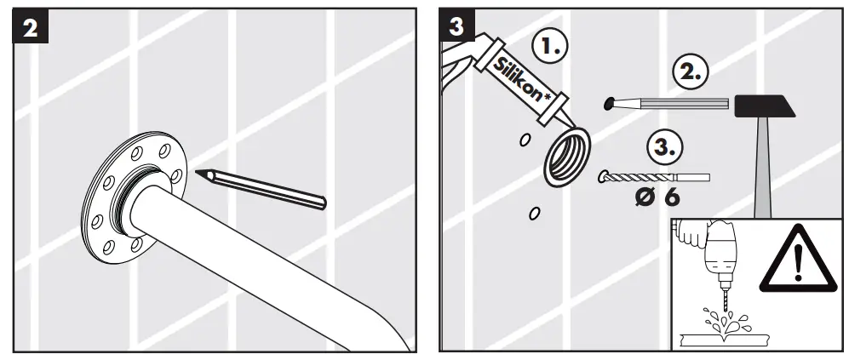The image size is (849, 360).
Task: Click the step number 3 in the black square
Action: pos(458,26)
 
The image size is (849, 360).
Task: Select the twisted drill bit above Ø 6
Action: pos(651,177)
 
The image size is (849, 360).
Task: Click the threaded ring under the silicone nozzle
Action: pos(566,155)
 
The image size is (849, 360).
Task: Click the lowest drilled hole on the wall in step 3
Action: pos(534,213)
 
